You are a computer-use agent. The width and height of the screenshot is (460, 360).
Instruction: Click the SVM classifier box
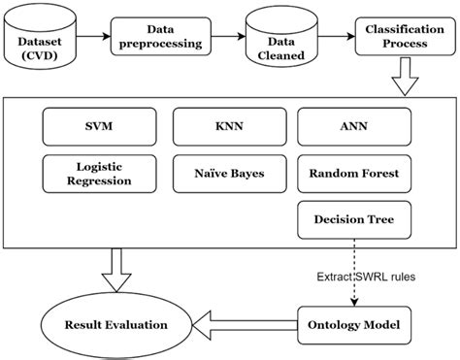coord(96,126)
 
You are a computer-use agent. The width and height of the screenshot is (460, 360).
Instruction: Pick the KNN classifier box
coord(228,126)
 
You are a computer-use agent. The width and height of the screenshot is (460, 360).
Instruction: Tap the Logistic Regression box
coord(96,174)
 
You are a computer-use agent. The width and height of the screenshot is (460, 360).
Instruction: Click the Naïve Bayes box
coord(228,174)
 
